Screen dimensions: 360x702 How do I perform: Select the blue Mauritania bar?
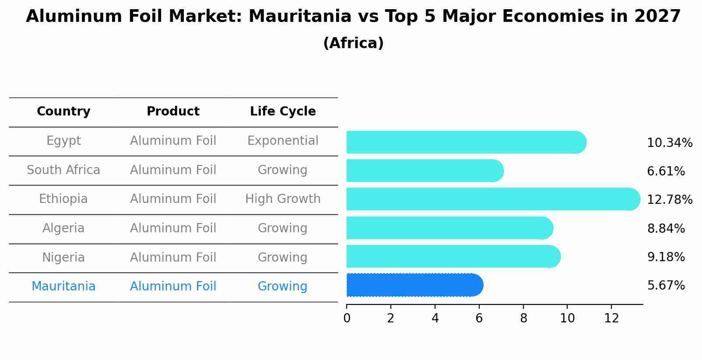[x=414, y=285]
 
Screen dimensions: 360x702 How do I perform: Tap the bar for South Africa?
[x=425, y=171]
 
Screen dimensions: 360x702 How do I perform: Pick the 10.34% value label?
[x=669, y=143]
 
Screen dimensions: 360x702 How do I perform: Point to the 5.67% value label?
[x=666, y=286]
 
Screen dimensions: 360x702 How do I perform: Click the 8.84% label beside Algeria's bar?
[x=666, y=228]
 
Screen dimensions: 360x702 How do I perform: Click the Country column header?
[x=63, y=112]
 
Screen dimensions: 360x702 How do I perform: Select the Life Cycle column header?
[x=283, y=112]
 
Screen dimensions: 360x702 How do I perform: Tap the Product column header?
[x=173, y=112]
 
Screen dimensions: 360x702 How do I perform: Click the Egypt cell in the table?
[x=63, y=141]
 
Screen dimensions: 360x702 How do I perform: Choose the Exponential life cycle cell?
[x=283, y=141]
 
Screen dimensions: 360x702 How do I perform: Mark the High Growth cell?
[x=283, y=199]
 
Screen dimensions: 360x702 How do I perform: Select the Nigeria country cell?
[x=63, y=257]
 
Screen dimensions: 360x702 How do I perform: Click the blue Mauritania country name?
[x=63, y=287]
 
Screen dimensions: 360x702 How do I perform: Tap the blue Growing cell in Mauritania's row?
[x=283, y=287]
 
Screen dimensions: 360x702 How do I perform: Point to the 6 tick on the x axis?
[x=479, y=318]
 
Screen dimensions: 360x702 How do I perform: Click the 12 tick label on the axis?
[x=611, y=318]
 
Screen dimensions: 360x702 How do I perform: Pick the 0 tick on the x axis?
[x=347, y=318]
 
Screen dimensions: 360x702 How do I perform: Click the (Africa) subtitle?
[x=353, y=43]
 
